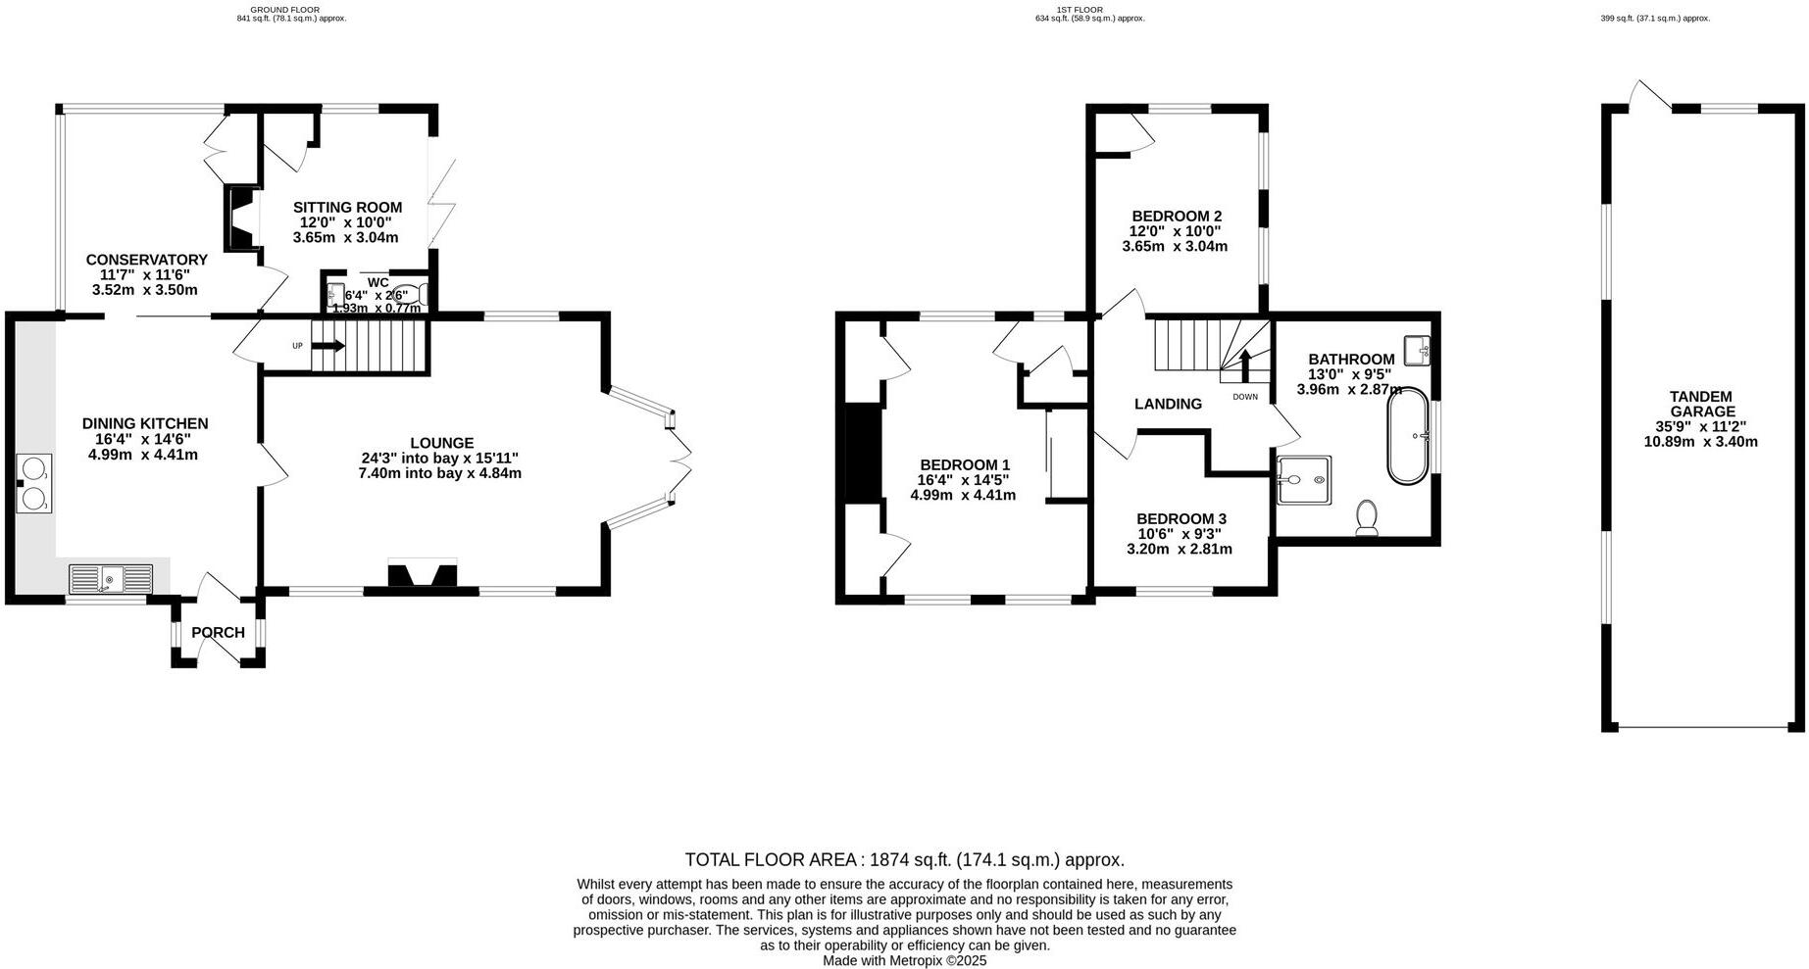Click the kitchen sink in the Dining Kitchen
click(111, 579)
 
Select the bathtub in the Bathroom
click(1408, 436)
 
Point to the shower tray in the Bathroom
click(1304, 479)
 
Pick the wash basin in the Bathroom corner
click(1418, 349)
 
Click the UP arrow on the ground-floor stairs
click(329, 346)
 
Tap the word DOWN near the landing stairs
click(1244, 397)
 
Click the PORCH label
click(218, 633)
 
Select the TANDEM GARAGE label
click(1701, 404)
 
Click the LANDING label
click(1168, 404)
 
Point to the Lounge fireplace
click(423, 574)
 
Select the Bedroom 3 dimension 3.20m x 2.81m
click(1180, 549)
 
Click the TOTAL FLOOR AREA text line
click(904, 860)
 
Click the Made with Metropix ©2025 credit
click(904, 961)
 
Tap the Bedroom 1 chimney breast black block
click(863, 454)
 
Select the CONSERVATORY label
click(146, 260)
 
